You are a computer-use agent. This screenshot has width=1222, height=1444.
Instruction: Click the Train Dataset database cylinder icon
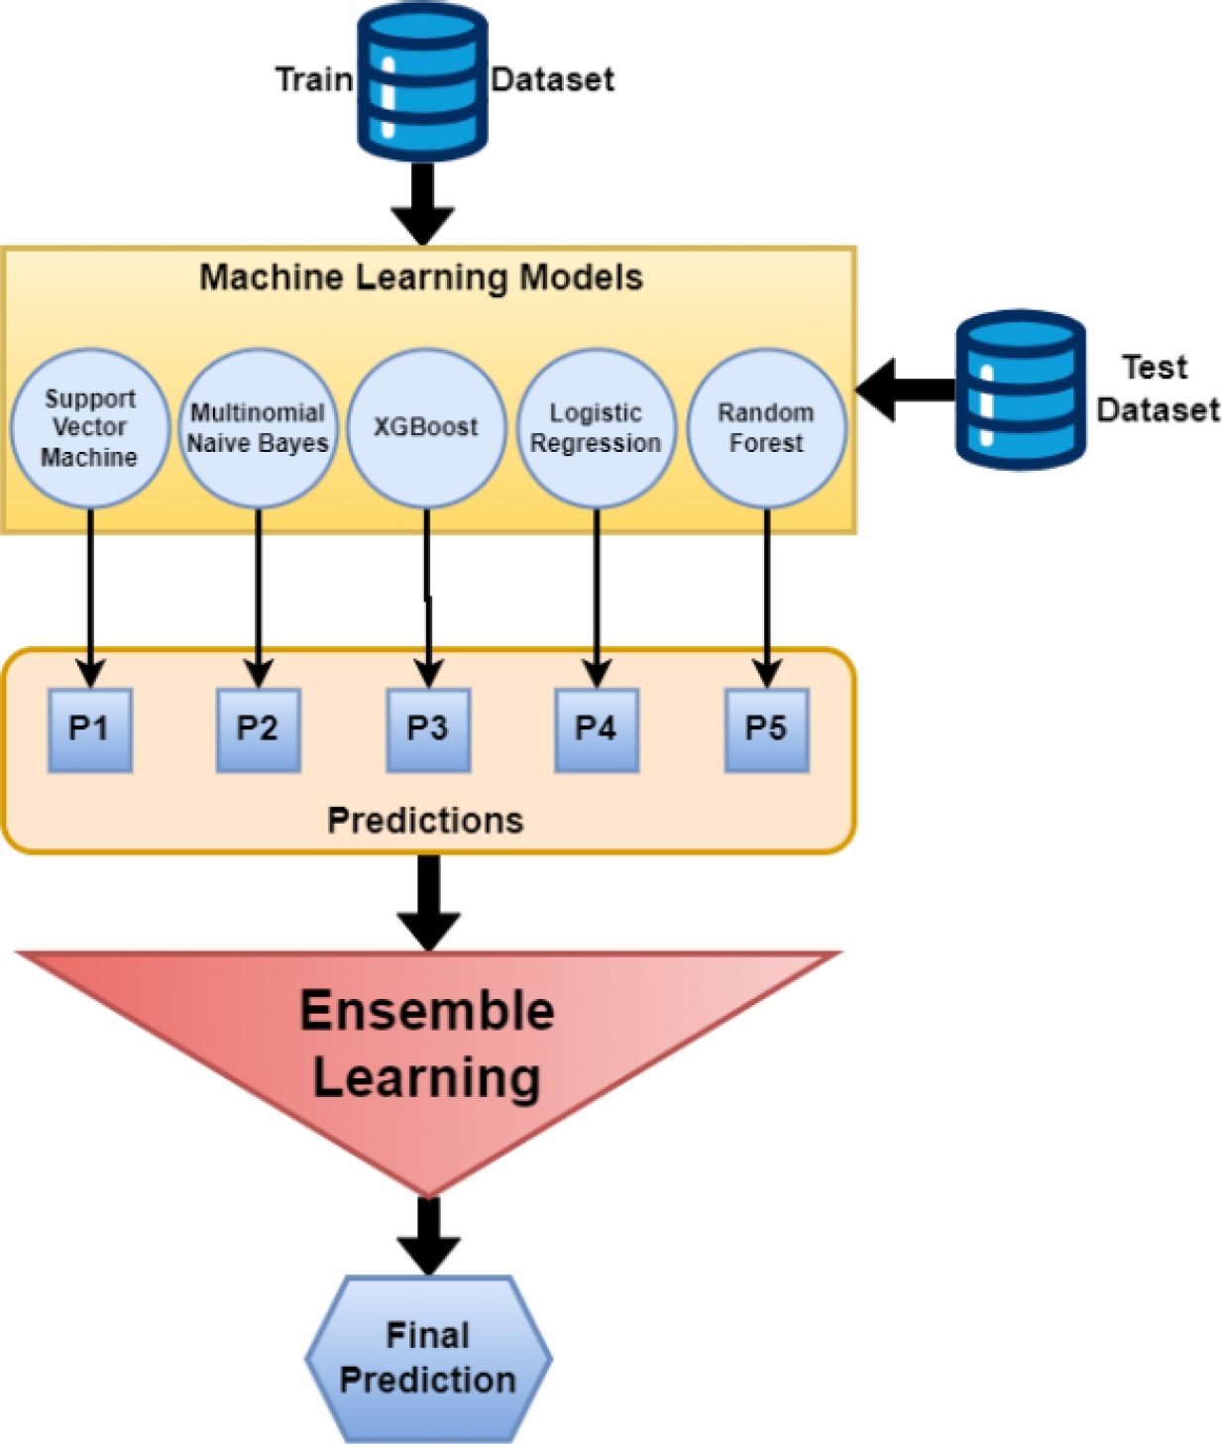(x=421, y=81)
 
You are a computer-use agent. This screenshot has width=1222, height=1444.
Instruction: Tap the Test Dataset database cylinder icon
(x=1020, y=389)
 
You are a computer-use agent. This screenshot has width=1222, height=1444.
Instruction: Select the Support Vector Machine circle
(x=89, y=428)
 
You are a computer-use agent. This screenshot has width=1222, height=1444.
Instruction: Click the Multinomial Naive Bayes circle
(x=258, y=428)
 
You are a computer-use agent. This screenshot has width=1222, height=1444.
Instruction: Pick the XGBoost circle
(x=426, y=428)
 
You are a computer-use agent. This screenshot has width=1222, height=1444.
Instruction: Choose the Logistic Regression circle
(x=597, y=428)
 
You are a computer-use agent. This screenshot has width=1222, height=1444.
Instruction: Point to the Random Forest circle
(x=766, y=428)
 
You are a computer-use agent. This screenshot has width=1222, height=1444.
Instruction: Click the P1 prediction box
(x=90, y=729)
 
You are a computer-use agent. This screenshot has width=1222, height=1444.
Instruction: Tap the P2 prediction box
(x=258, y=729)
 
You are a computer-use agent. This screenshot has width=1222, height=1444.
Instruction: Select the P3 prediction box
(x=428, y=729)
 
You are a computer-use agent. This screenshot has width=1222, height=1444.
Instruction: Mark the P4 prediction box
(x=597, y=729)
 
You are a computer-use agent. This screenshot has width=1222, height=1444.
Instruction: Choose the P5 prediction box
(x=766, y=729)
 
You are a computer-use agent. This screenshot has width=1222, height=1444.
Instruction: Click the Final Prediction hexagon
(x=428, y=1358)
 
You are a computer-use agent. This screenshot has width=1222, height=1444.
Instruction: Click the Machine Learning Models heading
(x=421, y=278)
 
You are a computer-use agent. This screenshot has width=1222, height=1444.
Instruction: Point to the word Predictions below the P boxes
(x=425, y=821)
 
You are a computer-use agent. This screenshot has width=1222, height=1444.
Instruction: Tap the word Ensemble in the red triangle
(x=427, y=1012)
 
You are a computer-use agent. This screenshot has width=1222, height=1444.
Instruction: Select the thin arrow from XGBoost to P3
(x=427, y=595)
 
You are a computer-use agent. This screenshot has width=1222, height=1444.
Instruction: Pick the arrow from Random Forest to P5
(x=766, y=595)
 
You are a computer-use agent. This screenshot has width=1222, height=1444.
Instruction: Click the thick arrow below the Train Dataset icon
(x=422, y=203)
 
